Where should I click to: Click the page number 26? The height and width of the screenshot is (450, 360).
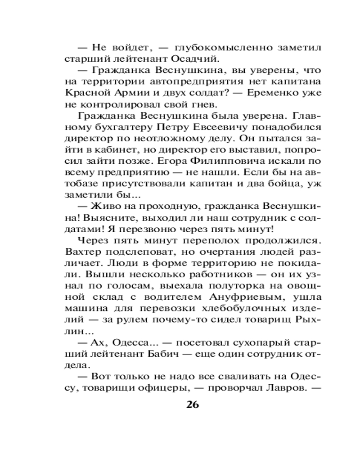(191, 404)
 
